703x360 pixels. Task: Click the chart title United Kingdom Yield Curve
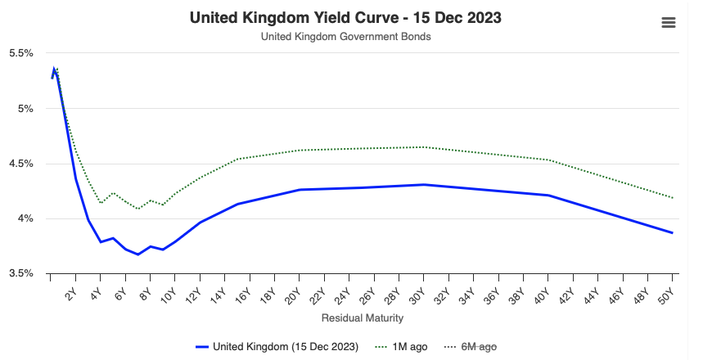point(345,17)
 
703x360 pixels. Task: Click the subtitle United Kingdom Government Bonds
point(345,37)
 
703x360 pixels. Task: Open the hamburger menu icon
point(668,23)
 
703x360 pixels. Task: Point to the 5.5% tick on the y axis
point(20,53)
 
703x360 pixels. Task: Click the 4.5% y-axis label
point(20,164)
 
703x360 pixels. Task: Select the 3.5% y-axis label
point(20,273)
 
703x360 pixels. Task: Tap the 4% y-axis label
point(24,218)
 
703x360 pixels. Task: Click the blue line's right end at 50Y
point(672,232)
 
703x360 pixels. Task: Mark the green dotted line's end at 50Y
point(672,198)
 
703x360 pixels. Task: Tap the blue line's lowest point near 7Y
point(137,254)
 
